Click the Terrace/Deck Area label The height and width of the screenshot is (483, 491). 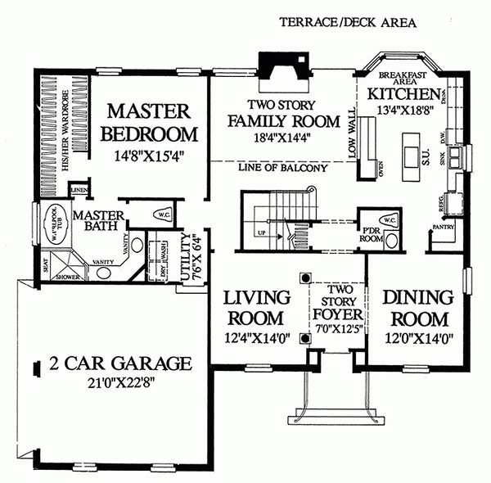coord(348,22)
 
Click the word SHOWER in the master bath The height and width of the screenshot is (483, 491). coord(65,277)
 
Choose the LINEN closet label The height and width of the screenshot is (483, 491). coord(79,190)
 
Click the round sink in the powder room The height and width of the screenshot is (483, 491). coord(391,241)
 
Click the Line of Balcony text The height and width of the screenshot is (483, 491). coord(283,169)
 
